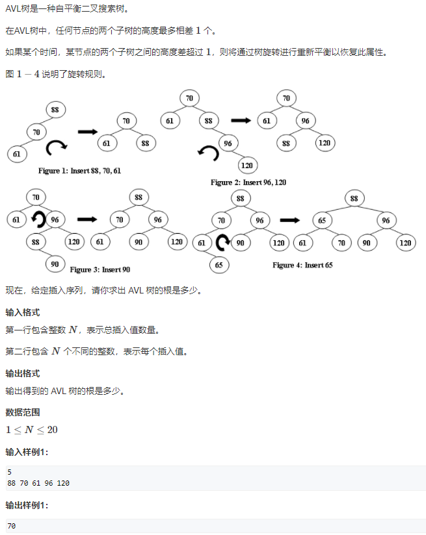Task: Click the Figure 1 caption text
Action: tap(79, 171)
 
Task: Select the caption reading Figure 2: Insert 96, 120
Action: tap(248, 182)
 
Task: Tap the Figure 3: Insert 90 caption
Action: tap(100, 269)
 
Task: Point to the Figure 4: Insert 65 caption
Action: tap(302, 265)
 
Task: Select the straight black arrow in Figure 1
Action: tap(88, 132)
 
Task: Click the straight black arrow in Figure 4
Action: tap(290, 220)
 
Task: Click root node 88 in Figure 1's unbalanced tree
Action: tap(55, 110)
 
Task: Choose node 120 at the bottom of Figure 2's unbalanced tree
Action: tap(247, 166)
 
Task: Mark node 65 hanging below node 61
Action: tap(219, 265)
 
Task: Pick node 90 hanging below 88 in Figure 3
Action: tap(55, 264)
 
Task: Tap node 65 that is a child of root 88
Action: tap(322, 220)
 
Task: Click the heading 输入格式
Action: tap(23, 312)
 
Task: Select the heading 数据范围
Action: tap(23, 412)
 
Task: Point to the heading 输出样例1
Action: tap(27, 505)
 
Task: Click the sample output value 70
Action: tap(12, 526)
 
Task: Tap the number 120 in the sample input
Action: tap(63, 483)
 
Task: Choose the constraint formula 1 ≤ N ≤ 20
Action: tap(31, 430)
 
